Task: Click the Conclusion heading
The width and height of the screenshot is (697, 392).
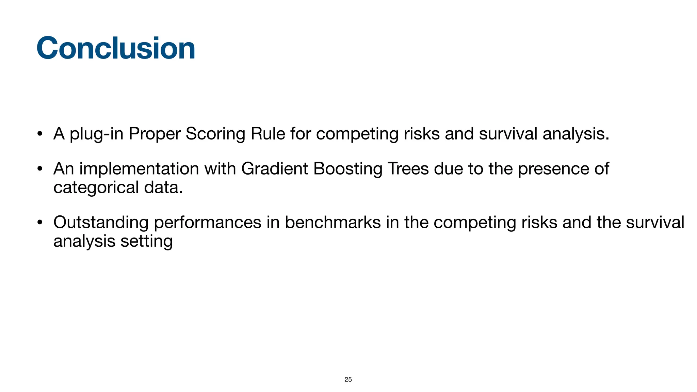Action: point(116,48)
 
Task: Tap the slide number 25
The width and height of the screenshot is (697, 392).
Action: point(348,379)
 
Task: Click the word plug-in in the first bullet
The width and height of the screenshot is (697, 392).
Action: point(96,134)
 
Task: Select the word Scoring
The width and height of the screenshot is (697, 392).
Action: point(215,134)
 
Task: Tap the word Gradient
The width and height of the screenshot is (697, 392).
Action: point(274,168)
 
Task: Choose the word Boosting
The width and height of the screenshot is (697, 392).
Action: point(347,169)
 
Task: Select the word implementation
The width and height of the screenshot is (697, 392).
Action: point(139,169)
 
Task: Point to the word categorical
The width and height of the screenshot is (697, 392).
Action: point(96,188)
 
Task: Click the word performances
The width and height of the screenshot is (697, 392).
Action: point(207,223)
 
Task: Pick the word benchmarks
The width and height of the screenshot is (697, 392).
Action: point(333,222)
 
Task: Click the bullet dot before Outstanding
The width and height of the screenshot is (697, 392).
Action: point(40,223)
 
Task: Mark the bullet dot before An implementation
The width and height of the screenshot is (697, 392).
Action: point(40,169)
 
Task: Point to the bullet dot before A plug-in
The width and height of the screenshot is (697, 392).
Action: point(40,134)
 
